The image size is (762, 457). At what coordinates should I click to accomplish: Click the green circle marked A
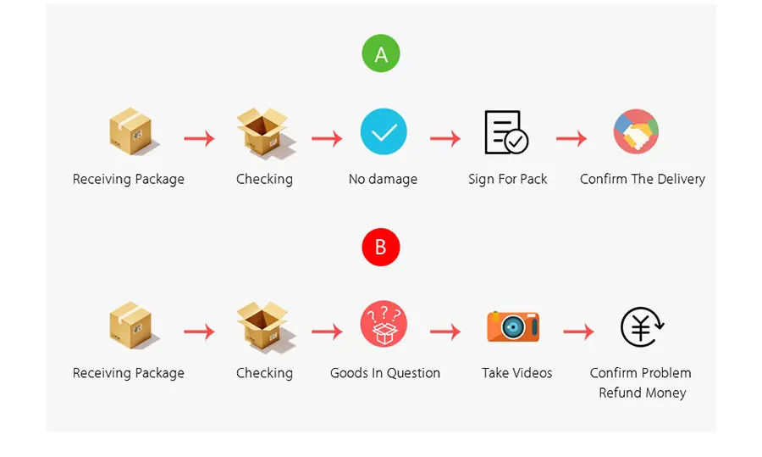[x=381, y=53]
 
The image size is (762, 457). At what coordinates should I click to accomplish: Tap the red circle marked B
[x=381, y=248]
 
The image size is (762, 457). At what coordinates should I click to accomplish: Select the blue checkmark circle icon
[x=384, y=131]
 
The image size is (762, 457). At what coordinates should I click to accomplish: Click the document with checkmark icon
[x=506, y=132]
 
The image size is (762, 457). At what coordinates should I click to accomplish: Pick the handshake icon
[x=636, y=131]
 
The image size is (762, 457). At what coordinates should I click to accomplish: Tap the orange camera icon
[x=513, y=326]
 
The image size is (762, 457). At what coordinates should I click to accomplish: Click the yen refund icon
[x=642, y=327]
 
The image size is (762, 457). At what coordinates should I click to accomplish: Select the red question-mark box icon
[x=384, y=324]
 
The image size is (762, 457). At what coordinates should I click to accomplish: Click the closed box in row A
[x=132, y=131]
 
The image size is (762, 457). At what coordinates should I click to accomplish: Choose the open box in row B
[x=265, y=325]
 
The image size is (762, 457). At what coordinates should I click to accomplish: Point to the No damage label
[x=383, y=179]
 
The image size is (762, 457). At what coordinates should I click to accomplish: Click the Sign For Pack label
[x=508, y=179]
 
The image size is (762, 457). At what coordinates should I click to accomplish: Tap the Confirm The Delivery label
[x=643, y=179]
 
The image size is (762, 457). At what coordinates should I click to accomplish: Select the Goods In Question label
[x=385, y=373]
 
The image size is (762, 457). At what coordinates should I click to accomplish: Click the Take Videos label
[x=517, y=373]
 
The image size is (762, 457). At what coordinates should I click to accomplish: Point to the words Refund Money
[x=643, y=393]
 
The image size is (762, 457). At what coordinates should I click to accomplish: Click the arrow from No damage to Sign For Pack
[x=445, y=138]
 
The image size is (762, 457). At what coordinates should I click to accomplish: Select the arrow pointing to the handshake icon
[x=571, y=138]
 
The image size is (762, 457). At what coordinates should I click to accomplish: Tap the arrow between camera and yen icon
[x=579, y=332]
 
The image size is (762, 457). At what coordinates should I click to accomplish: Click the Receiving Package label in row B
[x=129, y=373]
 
